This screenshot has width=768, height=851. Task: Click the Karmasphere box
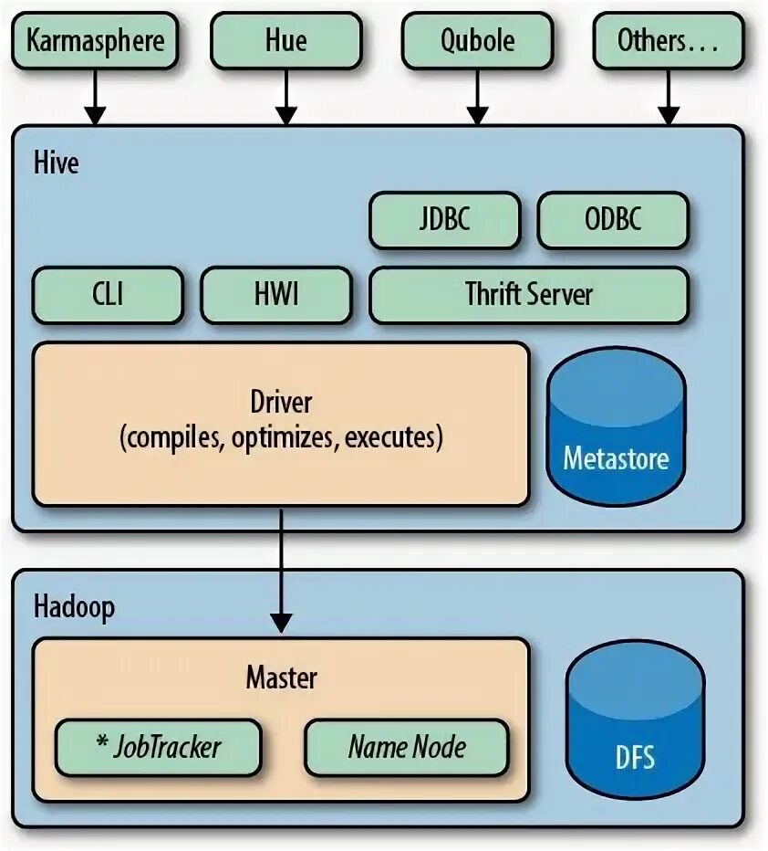tap(95, 41)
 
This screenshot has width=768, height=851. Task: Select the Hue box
tap(286, 41)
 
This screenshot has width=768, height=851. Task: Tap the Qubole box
tap(477, 41)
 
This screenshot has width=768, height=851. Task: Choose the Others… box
tap(669, 41)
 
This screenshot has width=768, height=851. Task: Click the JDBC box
tap(444, 220)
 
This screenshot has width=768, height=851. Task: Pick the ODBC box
tap(613, 220)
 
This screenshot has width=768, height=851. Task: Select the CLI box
tap(108, 295)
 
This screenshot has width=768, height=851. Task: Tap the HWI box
tap(275, 295)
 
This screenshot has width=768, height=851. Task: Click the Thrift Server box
tap(529, 295)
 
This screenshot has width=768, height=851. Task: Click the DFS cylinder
tap(635, 721)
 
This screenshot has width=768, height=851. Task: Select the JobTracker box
tap(158, 748)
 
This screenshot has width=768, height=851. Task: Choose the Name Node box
tap(406, 748)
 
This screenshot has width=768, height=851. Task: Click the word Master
tap(281, 678)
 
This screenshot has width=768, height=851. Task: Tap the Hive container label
tap(57, 163)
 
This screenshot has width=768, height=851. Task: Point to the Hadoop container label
tap(74, 607)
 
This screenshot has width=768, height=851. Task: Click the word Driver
tap(281, 403)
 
